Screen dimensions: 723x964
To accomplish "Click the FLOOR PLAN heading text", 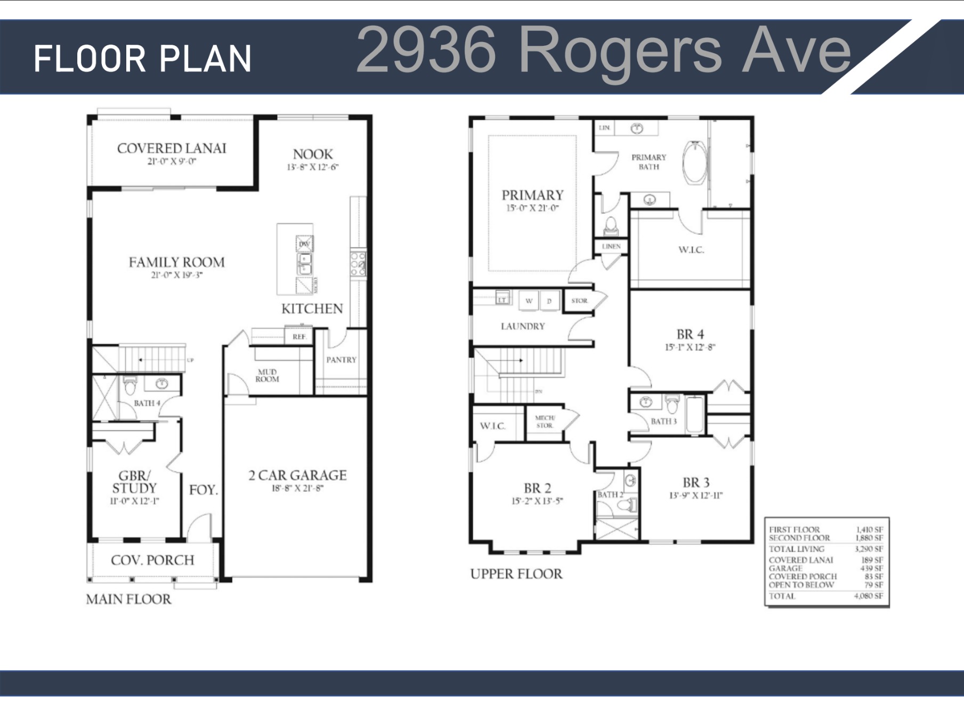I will tap(142, 59).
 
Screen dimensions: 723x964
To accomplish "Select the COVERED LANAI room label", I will tap(172, 149).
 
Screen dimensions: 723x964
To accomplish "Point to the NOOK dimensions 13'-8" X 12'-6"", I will tap(313, 167).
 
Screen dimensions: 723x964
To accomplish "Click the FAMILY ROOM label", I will tap(176, 262).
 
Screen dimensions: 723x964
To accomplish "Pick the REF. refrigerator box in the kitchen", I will tap(299, 337).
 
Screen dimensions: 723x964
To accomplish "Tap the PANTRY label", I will tap(341, 360).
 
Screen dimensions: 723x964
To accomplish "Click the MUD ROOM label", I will tap(267, 376).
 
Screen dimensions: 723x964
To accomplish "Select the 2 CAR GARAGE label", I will tap(297, 475).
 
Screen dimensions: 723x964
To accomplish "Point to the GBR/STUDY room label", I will tap(134, 482).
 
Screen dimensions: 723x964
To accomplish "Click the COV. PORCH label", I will tap(152, 560).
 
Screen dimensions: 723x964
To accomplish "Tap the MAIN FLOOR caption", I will tap(128, 599).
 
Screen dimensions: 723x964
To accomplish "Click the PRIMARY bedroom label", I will tap(532, 195).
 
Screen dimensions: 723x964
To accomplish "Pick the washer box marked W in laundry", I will tap(529, 301).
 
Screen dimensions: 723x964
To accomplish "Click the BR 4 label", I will tap(690, 335).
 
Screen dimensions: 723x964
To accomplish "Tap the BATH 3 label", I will tap(663, 421).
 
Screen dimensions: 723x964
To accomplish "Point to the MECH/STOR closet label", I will tap(545, 422).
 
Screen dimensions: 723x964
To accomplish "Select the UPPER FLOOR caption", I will tap(516, 574).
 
